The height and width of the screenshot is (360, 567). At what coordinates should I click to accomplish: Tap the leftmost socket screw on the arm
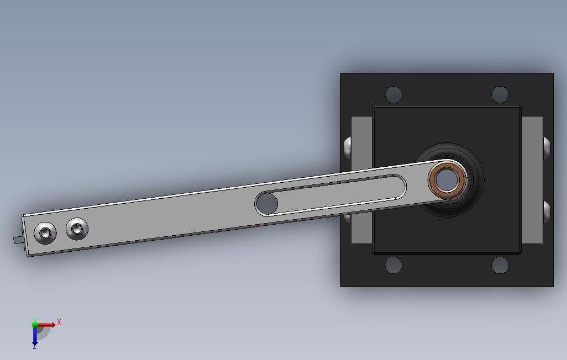pos(44,233)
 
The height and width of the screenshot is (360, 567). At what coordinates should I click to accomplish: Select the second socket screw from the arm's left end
pos(77,228)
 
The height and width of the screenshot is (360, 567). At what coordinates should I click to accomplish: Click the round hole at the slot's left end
pos(267,203)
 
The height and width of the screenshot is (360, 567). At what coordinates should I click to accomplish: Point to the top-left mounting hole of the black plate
pos(393,94)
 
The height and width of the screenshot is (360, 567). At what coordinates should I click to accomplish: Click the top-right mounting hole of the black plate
pos(500,94)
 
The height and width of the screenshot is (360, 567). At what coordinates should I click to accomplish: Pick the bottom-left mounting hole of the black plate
pos(393,265)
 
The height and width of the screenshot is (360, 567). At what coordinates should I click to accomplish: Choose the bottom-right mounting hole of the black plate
pos(500,265)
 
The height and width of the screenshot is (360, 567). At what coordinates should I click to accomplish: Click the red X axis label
pos(59,322)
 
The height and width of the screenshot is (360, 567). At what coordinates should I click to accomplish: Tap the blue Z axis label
pos(34,346)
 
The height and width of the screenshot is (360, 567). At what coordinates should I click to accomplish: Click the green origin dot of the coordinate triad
pos(35,324)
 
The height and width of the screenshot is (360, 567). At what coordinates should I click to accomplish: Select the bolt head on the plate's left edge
pos(347,147)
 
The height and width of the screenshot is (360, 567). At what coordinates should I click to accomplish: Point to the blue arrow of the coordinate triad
pos(35,335)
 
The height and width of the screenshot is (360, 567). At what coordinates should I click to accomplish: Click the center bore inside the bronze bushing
pos(447,179)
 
